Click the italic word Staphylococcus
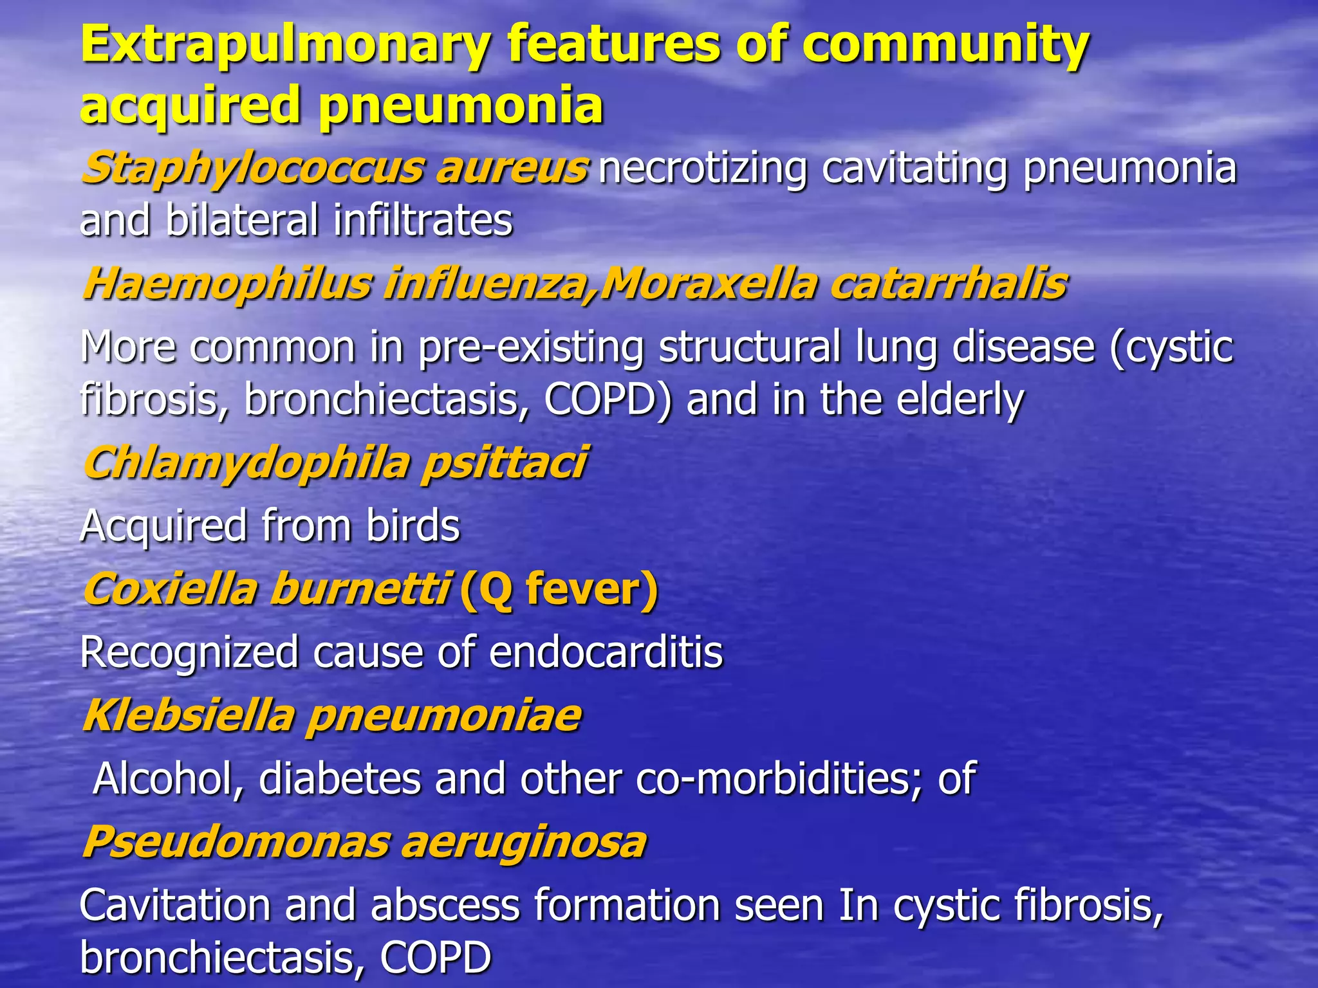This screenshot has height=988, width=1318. pyautogui.click(x=252, y=169)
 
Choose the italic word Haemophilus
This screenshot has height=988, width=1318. pyautogui.click(x=227, y=284)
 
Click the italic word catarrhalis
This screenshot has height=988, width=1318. pyautogui.click(x=948, y=284)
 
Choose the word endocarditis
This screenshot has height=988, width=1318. pyautogui.click(x=606, y=652)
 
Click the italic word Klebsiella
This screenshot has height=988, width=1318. pyautogui.click(x=188, y=715)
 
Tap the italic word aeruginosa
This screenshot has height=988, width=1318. pyautogui.click(x=523, y=842)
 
